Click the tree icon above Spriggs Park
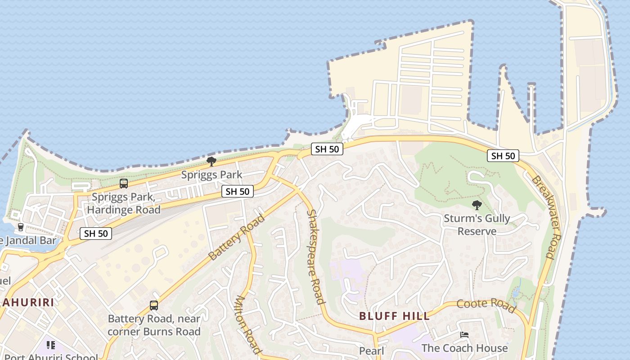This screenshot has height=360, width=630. (x=211, y=162)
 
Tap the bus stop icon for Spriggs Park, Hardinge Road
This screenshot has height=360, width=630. (x=123, y=183)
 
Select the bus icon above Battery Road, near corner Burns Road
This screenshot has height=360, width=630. (x=154, y=306)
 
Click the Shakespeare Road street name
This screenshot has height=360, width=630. (x=315, y=256)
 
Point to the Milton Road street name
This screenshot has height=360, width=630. (x=248, y=324)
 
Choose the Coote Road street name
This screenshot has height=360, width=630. (x=486, y=305)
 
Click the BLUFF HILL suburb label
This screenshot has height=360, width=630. (x=394, y=316)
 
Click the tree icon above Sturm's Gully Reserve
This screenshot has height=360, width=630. (x=477, y=206)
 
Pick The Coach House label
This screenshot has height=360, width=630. (x=464, y=348)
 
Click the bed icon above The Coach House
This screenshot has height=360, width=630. (x=464, y=335)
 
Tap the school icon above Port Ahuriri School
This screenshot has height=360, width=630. (x=50, y=345)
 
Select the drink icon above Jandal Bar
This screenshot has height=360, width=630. (x=20, y=227)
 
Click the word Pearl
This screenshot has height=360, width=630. (x=371, y=351)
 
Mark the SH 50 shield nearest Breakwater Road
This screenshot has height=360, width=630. (x=503, y=156)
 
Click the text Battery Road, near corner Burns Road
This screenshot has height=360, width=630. (x=154, y=325)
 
